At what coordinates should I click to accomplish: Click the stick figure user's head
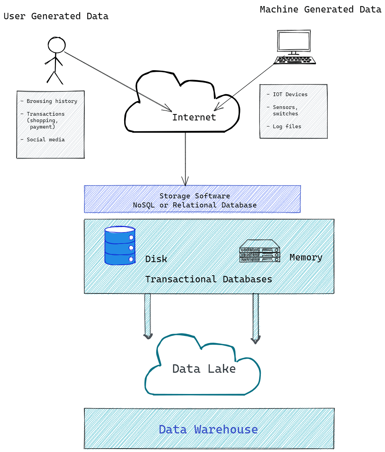coord(56,45)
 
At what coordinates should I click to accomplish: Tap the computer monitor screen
coord(294,41)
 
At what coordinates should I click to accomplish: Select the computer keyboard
coord(295,60)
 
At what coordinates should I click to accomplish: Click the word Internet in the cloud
coord(194,117)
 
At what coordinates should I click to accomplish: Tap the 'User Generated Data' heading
coord(56,16)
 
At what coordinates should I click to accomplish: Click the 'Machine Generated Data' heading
coord(321,9)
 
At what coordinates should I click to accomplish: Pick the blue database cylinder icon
coord(120,246)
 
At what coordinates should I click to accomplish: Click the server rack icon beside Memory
coord(259,251)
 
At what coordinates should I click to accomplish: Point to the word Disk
coord(156,259)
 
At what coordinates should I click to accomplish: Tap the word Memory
coord(306,257)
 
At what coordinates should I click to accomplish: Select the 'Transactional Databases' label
coord(209,279)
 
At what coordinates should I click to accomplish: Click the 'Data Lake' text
coord(204,369)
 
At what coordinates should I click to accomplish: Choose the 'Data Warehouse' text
coord(208,429)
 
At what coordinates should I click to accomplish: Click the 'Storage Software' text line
coord(195,196)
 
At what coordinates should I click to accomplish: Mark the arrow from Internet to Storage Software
coord(185,159)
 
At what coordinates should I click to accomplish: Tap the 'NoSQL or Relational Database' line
coord(195,205)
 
